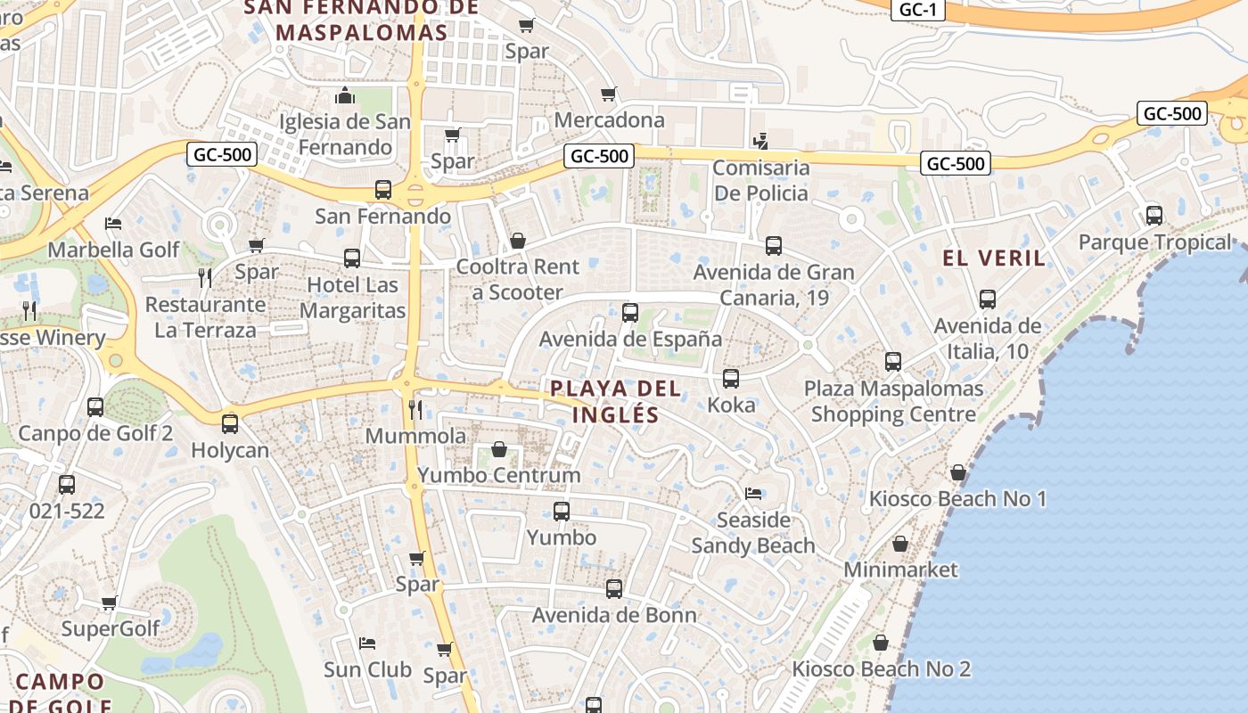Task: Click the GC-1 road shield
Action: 917,10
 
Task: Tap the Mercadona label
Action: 609,119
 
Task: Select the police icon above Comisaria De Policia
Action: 760,141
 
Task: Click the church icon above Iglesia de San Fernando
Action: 345,95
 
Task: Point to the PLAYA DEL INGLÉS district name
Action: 615,401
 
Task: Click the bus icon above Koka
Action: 731,379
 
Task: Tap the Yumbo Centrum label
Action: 498,475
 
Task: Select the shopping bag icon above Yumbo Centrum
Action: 499,449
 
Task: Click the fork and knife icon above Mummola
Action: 415,409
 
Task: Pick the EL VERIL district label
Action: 994,258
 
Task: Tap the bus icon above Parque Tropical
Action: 1154,216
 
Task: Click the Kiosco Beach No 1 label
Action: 957,498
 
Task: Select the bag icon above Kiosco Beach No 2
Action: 881,643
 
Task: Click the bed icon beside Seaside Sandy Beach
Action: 754,493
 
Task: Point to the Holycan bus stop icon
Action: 230,424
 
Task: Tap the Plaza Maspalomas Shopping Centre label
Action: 893,401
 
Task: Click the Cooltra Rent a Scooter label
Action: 517,279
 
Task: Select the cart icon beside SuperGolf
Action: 109,603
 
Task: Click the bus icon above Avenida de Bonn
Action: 614,589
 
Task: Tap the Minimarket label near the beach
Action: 900,569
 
